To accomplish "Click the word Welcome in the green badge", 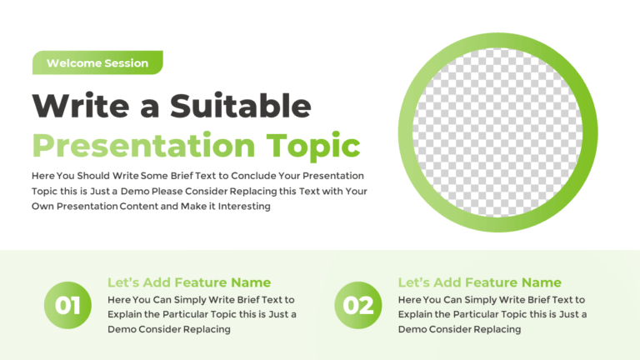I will click(x=74, y=63).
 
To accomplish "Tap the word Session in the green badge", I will click(x=126, y=63).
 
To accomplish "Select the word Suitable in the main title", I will click(x=241, y=106).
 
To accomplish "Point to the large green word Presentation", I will click(x=143, y=145).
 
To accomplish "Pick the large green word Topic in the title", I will click(x=313, y=145).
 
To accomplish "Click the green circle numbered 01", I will click(x=67, y=305).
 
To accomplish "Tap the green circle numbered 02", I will click(x=358, y=305).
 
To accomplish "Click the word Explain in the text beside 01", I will click(x=126, y=314).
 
